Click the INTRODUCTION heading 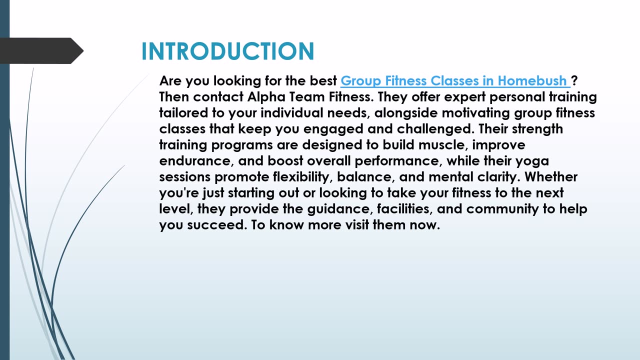tap(228, 51)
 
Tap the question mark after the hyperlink tap(574, 80)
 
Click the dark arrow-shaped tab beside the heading tap(41, 51)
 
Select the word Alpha tap(266, 97)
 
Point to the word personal tap(517, 97)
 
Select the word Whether tap(551, 177)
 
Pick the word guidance tap(340, 209)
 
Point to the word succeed tap(217, 225)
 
